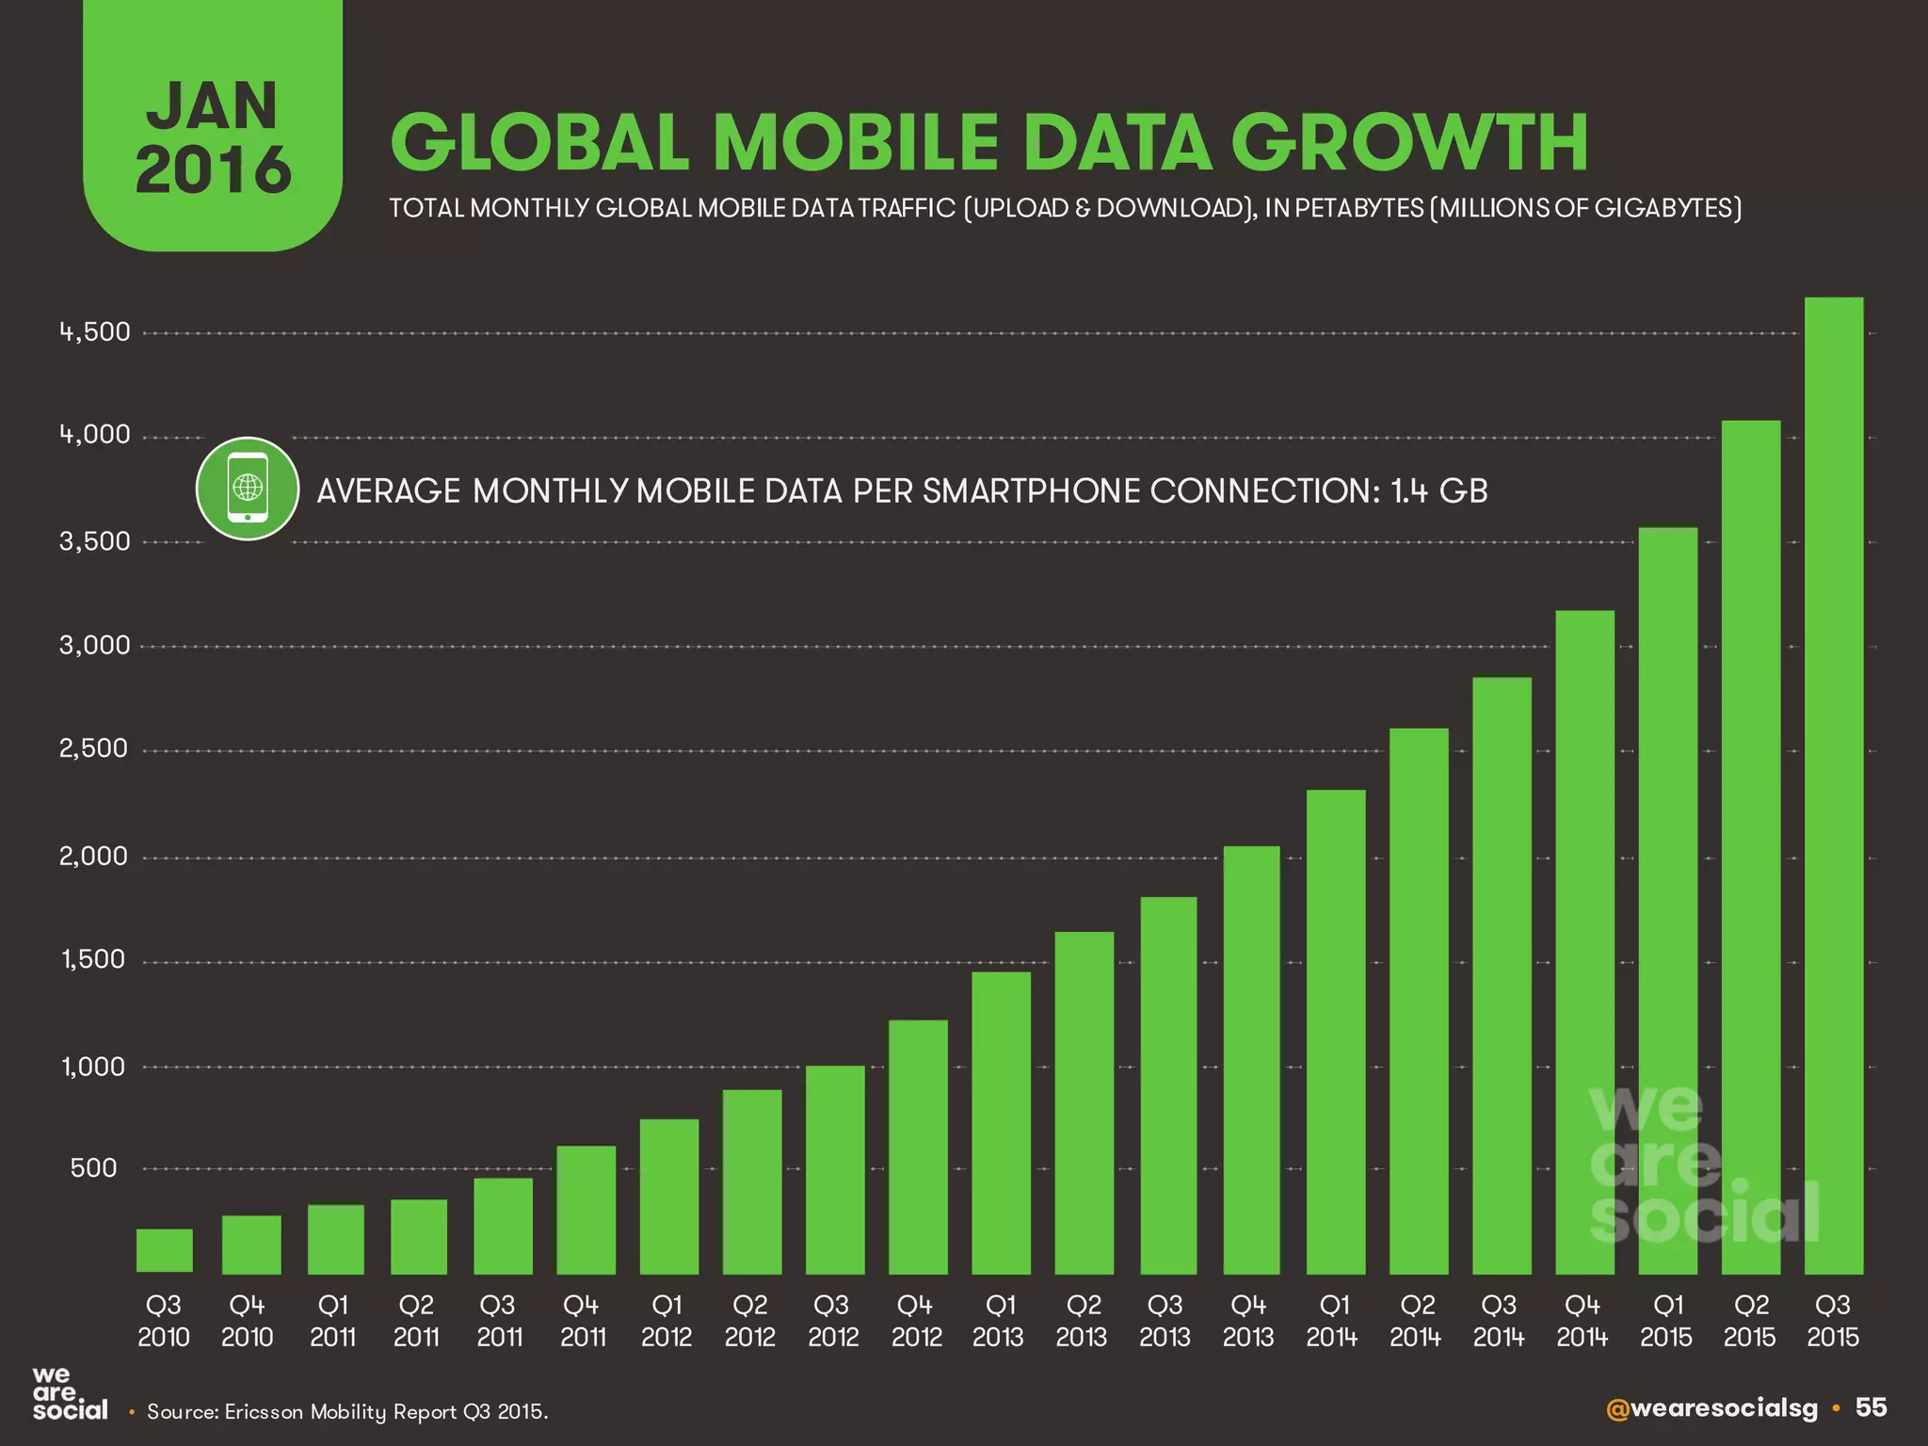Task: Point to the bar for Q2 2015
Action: tap(1750, 847)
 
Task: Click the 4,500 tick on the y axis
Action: tap(94, 332)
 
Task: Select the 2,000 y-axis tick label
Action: tap(94, 857)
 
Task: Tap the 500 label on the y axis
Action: tap(94, 1168)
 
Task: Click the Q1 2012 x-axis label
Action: tap(667, 1321)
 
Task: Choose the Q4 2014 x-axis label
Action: tap(1583, 1321)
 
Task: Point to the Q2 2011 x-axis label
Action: tap(416, 1321)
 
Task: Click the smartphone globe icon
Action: tap(248, 488)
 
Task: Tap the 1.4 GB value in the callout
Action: tap(1439, 490)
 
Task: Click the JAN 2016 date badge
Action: tap(213, 137)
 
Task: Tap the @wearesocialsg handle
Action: tap(1711, 1408)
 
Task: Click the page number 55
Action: tap(1871, 1407)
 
